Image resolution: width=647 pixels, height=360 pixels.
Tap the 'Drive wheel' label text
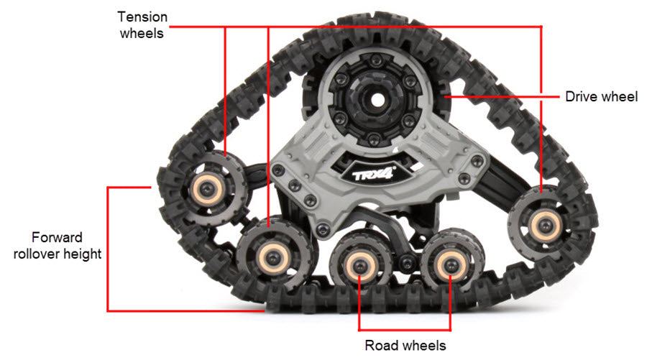pos(601,96)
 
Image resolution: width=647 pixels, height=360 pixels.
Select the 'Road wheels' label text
pos(405,345)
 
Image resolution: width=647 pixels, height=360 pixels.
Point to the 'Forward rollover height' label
pos(57,245)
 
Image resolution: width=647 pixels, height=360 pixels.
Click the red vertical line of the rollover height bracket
pos(108,248)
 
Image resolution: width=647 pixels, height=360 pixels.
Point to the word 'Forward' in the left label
pos(57,237)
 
